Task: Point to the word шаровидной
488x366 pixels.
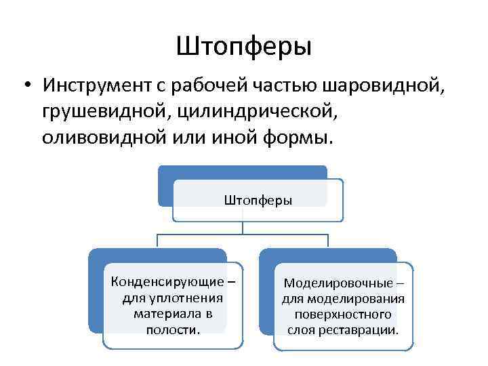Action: pyautogui.click(x=384, y=87)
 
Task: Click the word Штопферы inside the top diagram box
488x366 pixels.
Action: pyautogui.click(x=258, y=201)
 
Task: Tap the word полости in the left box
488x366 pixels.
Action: pyautogui.click(x=172, y=330)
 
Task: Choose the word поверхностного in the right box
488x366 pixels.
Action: pyautogui.click(x=343, y=315)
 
